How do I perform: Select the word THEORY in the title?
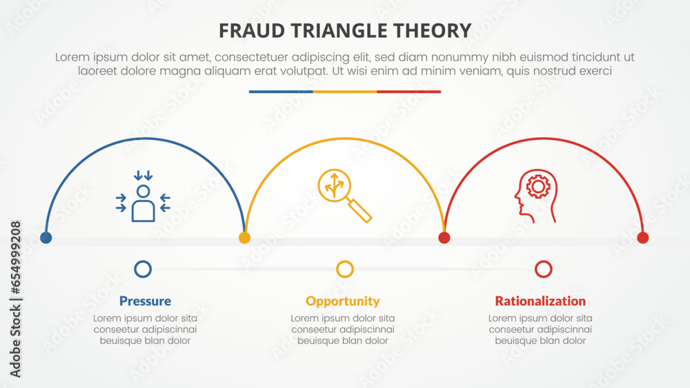pos(435,30)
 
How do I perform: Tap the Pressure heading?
pos(145,301)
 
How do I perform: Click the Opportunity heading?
pos(343,301)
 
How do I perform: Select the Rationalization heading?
pos(540,301)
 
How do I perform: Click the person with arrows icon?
pos(143,198)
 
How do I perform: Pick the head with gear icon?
pos(535,196)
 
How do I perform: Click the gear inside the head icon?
pos(538,187)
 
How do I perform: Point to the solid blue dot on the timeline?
pos(46,238)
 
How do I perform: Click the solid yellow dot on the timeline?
pos(244,238)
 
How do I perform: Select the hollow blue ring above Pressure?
pos(143,269)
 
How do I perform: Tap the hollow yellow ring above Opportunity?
pos(345,269)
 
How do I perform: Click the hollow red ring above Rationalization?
pos(544,269)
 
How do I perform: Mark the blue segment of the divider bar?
pos(281,92)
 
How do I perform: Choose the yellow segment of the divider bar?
pos(345,92)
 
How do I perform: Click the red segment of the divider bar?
pos(408,92)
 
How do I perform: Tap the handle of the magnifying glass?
pos(360,211)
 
